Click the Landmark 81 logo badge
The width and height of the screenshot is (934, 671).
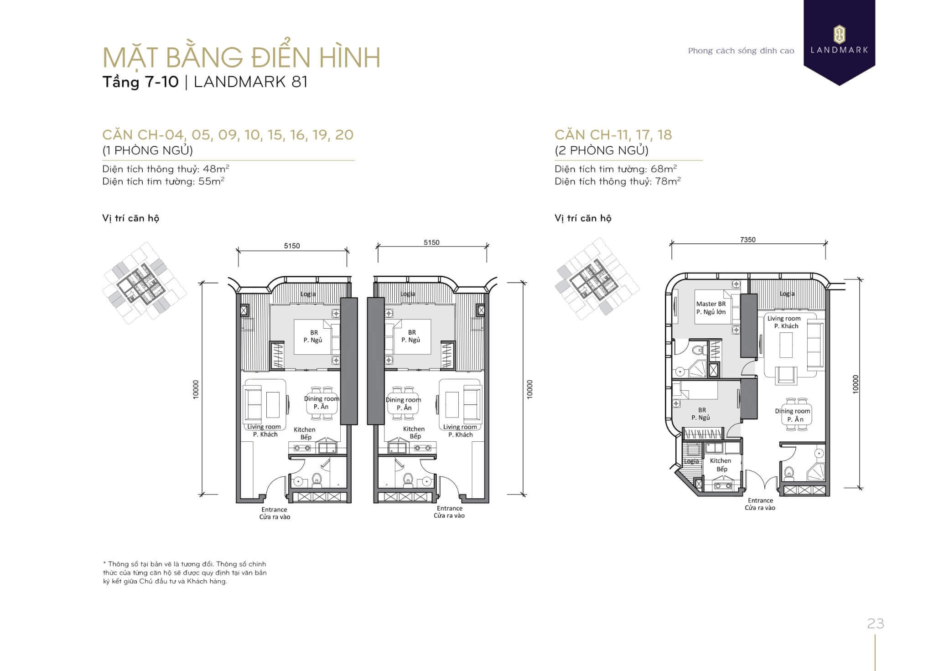point(839,41)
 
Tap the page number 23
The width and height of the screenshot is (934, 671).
point(876,624)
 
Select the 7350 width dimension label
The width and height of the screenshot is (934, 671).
point(748,240)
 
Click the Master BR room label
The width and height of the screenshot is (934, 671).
point(711,304)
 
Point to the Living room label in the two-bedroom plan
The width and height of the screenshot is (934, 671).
point(784,319)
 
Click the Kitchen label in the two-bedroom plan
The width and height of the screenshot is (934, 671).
point(721,461)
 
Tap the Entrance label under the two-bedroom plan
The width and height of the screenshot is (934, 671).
point(760,501)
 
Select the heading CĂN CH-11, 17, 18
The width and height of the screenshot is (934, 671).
point(613,135)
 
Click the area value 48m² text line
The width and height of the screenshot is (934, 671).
point(166,169)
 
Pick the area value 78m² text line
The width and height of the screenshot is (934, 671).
point(618,181)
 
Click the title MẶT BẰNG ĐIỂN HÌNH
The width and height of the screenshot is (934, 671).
point(242,58)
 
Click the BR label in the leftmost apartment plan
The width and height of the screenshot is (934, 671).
point(314,333)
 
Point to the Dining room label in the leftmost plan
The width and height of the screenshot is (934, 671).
point(322,399)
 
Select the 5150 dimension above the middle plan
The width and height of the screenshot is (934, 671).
point(431,243)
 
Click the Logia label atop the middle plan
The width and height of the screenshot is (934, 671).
point(408,294)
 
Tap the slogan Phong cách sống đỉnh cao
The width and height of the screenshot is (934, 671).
point(741,51)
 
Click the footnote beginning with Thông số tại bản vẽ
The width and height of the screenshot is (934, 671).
point(185,573)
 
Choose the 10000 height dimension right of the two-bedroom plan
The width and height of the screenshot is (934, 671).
point(856,384)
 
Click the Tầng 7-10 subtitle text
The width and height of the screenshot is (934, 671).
point(140,82)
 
